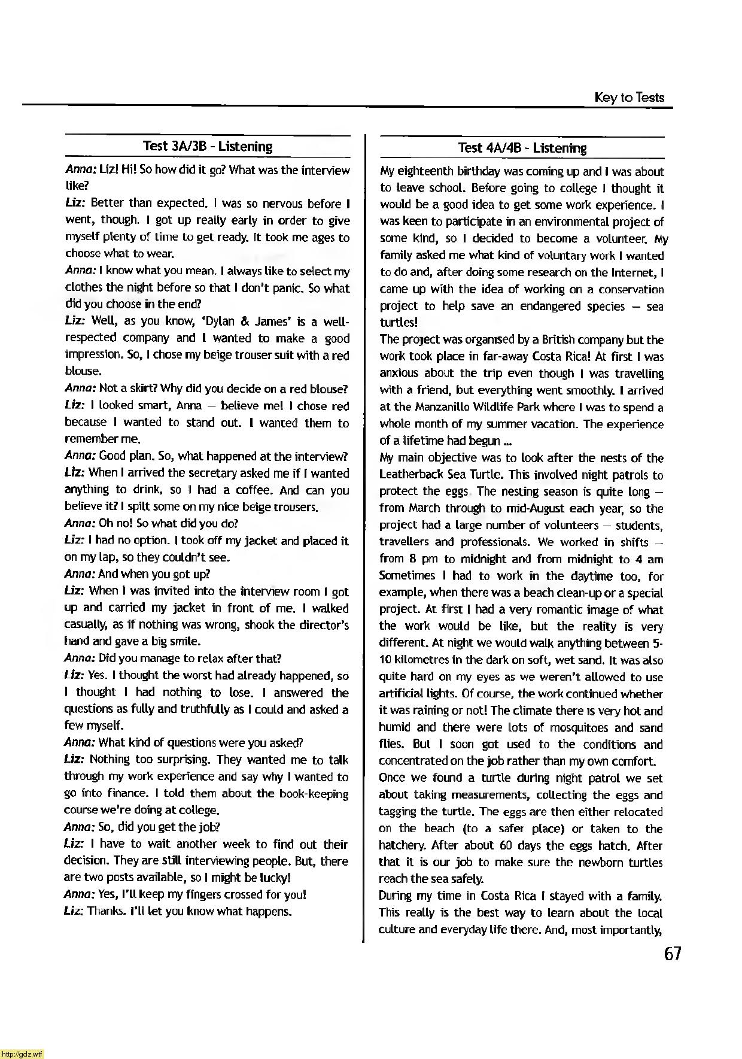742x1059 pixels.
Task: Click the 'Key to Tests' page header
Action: (x=629, y=97)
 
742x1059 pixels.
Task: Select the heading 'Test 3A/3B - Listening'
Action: (x=208, y=146)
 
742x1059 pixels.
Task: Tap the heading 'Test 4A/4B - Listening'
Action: (x=522, y=148)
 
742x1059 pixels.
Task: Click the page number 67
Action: (x=673, y=954)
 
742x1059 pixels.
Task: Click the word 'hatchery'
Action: (x=402, y=846)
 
